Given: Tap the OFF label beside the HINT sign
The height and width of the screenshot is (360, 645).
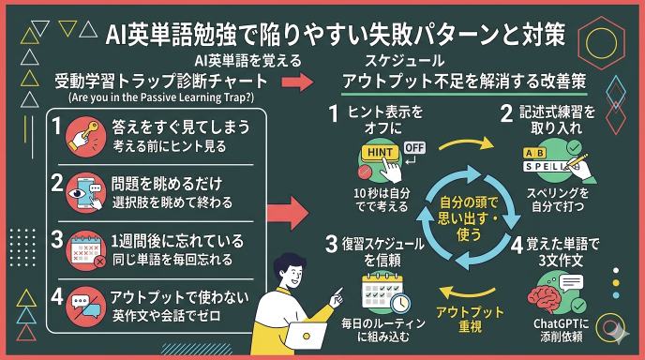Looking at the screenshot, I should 414,148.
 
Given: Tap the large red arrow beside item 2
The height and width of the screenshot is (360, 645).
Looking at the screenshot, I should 292,212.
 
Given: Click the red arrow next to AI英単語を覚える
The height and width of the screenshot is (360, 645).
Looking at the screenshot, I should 295,82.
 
